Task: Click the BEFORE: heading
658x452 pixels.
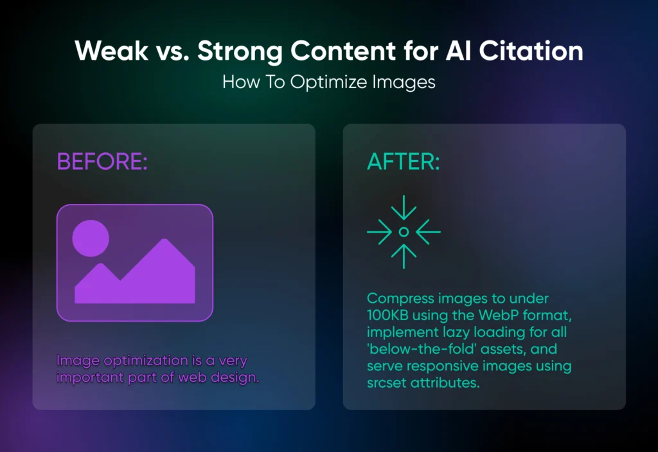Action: [102, 162]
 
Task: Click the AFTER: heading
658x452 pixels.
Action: [403, 162]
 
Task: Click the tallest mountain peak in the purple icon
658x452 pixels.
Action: [164, 243]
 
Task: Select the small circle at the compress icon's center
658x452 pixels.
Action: [404, 231]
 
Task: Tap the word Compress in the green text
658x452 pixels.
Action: [400, 299]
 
